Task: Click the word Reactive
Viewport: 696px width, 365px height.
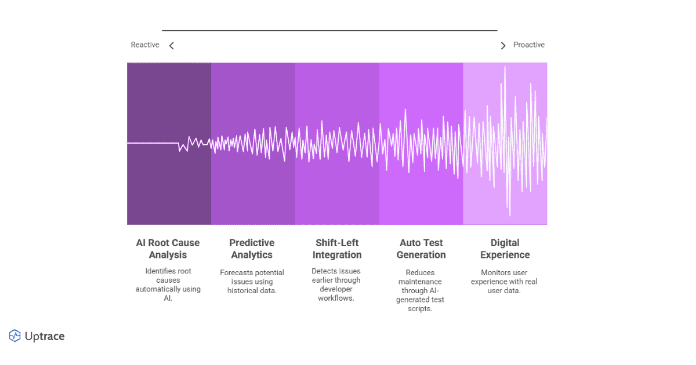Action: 145,45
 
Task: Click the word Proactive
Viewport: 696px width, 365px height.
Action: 529,45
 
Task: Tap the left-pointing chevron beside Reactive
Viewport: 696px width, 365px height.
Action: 171,46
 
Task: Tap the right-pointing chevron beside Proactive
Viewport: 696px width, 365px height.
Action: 503,46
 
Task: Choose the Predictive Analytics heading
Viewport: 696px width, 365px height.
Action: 252,249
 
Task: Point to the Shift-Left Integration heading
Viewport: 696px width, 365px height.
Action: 337,249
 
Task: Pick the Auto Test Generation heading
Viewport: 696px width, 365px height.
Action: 422,249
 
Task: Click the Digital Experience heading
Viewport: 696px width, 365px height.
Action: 505,249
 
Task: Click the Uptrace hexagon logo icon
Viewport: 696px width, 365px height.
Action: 14,336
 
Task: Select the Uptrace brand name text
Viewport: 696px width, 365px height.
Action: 45,337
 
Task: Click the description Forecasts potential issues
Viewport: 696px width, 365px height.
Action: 252,281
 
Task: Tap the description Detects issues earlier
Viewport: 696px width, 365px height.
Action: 337,284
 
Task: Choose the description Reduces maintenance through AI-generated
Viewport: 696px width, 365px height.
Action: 421,290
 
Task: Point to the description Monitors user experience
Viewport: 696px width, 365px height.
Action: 505,281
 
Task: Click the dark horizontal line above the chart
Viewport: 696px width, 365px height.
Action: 329,30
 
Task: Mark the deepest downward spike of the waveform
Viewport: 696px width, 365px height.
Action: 509,214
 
